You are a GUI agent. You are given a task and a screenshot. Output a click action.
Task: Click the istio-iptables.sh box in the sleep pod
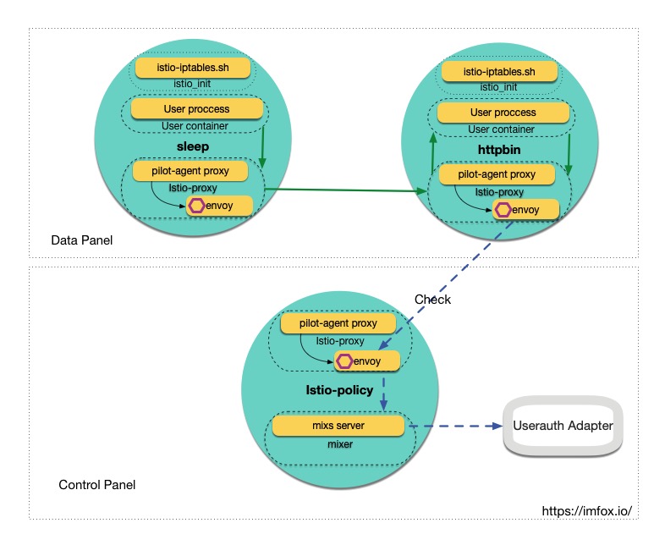(x=194, y=66)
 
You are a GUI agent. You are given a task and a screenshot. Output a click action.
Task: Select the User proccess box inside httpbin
(x=503, y=112)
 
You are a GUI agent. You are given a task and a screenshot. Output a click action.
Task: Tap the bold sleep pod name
(x=192, y=146)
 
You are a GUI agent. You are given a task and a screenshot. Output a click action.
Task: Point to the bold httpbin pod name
(x=499, y=150)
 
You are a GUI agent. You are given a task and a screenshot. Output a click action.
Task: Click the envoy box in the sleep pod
(x=221, y=206)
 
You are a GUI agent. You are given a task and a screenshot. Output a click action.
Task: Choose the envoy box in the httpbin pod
(x=525, y=210)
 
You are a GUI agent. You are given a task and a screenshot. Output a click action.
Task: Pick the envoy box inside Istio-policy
(x=365, y=361)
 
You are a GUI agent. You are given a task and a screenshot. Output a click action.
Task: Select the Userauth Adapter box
(x=563, y=426)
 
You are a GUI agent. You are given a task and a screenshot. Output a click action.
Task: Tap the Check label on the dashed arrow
(x=432, y=300)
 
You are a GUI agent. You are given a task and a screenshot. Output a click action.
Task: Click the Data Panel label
(x=82, y=241)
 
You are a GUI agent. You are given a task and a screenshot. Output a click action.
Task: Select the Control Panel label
(x=96, y=485)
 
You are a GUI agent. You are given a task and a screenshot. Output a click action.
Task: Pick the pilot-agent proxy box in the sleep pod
(x=195, y=171)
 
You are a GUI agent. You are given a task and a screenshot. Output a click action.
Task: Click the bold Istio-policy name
(x=339, y=390)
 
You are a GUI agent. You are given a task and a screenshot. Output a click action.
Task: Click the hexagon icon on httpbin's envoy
(x=503, y=210)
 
